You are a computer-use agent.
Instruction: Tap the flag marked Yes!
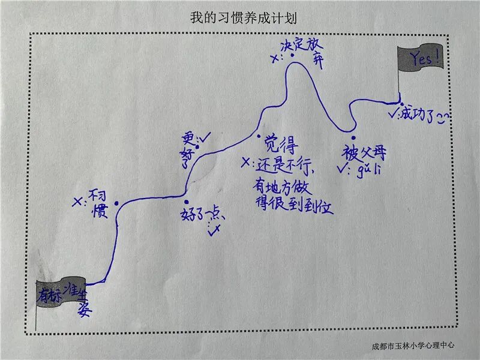click(421, 58)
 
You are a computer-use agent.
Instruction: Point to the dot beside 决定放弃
click(292, 56)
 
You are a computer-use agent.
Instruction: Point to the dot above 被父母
click(354, 137)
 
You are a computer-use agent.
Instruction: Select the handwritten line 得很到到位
click(293, 206)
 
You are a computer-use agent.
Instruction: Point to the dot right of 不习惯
click(116, 203)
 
